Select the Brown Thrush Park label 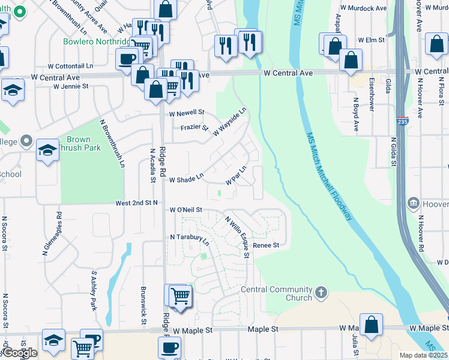[83, 143]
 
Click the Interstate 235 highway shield [403, 121]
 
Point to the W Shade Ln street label [187, 179]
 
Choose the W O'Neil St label [185, 210]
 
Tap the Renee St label [266, 245]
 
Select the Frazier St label [194, 127]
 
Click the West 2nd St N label [136, 203]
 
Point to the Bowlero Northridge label [96, 41]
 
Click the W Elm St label [371, 40]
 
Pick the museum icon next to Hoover [413, 203]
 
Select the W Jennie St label [71, 86]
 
